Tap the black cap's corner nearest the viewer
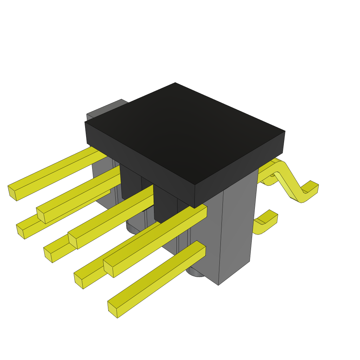195,185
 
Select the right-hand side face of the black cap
239,169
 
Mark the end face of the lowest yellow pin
112,309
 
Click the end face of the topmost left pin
12,193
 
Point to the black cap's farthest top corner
175,83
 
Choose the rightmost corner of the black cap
285,132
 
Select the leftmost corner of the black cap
85,122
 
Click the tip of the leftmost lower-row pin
20,232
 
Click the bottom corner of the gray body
218,284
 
